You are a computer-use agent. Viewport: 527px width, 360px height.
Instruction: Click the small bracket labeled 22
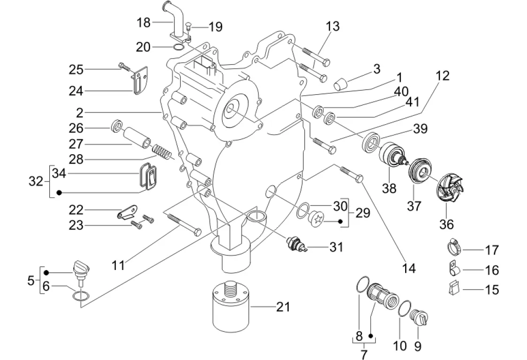click(x=127, y=212)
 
